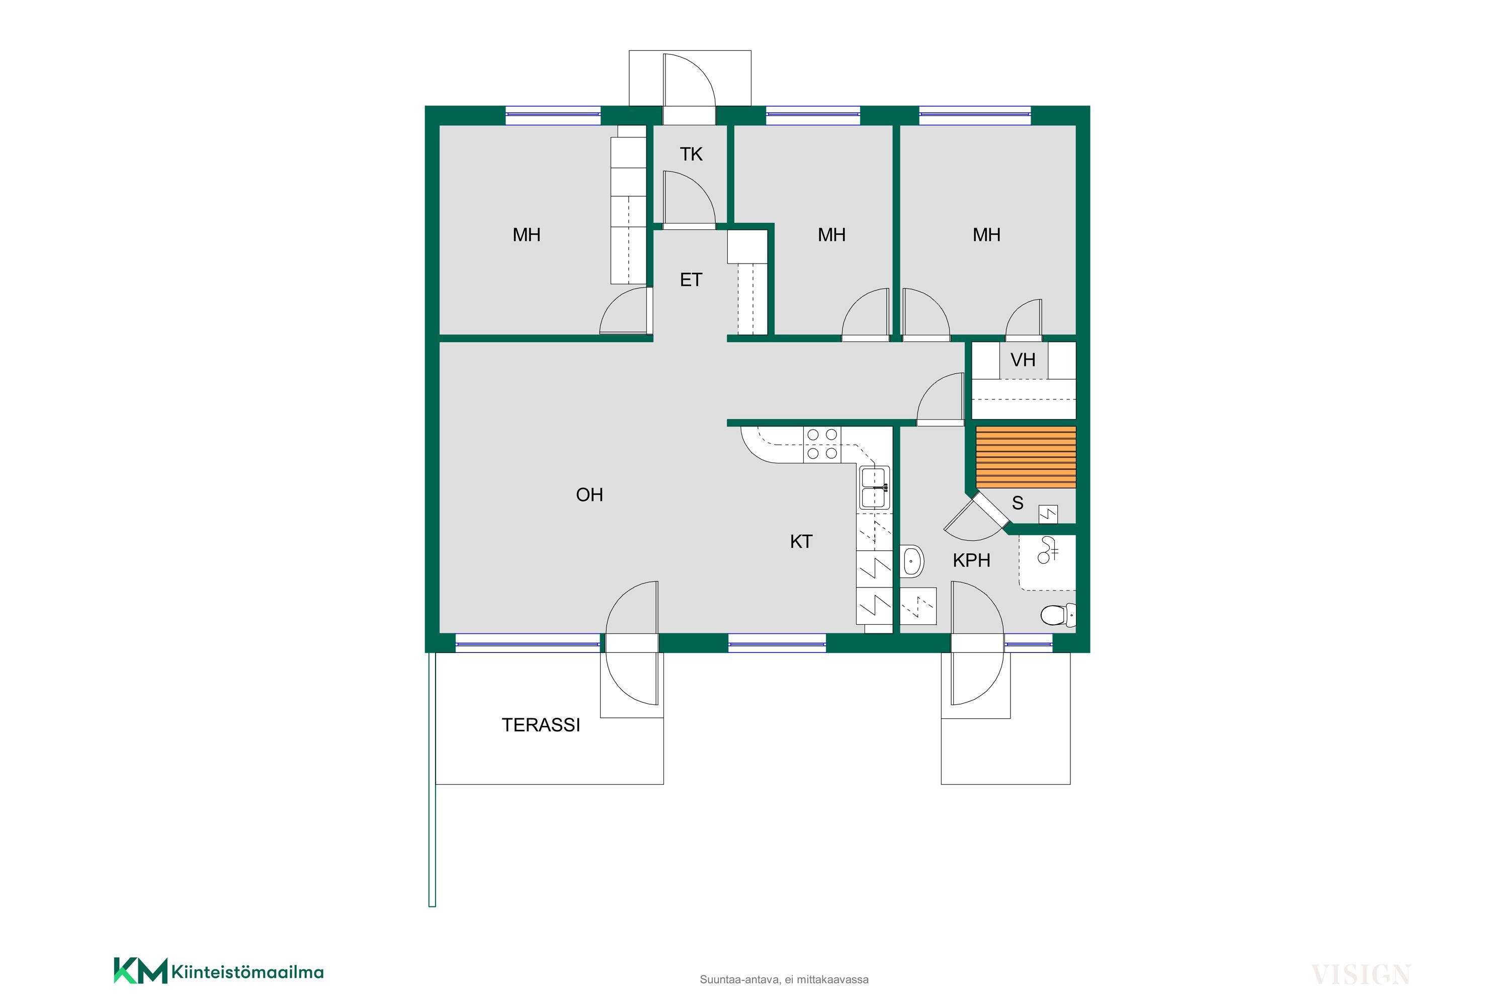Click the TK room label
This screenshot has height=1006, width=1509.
point(691,154)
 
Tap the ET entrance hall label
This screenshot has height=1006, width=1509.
point(691,280)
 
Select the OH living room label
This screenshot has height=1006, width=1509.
point(590,494)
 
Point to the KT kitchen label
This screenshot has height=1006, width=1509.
point(801,542)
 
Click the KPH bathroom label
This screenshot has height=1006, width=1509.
point(971,561)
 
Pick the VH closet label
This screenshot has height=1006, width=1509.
point(1023,360)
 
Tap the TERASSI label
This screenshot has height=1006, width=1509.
point(541,725)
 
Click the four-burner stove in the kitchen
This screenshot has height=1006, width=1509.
point(822,444)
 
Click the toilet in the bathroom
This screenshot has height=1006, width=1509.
point(1057,615)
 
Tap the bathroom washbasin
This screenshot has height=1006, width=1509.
point(911,561)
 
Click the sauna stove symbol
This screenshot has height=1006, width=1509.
point(1048,514)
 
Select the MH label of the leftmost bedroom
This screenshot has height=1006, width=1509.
point(527,235)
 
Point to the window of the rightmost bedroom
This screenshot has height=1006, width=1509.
point(975,115)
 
